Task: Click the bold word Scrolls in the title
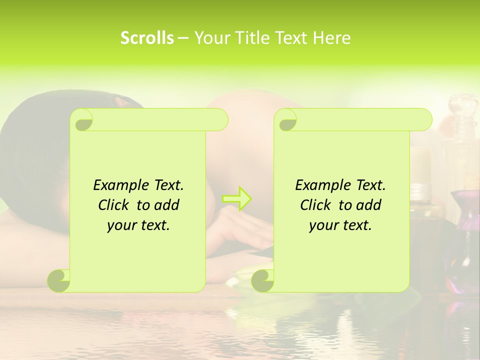[x=147, y=38]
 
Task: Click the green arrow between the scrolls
[x=237, y=198]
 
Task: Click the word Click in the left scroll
[x=109, y=205]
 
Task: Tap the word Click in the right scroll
[x=311, y=205]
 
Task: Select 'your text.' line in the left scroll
[x=138, y=225]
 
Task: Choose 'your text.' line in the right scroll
[x=340, y=225]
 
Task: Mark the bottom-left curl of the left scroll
[x=59, y=280]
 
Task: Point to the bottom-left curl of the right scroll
[x=262, y=280]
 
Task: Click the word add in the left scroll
[x=166, y=205]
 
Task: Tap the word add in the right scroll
[x=368, y=205]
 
